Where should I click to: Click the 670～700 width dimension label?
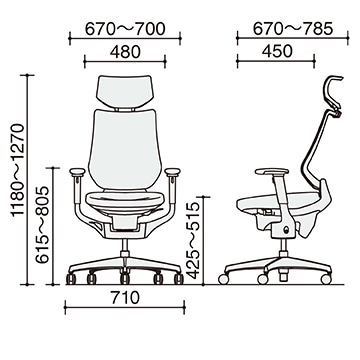[125, 29]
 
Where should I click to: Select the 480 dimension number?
[125, 52]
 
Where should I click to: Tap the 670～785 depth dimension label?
[293, 29]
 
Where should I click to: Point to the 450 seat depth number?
[277, 51]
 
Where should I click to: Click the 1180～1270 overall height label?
[18, 170]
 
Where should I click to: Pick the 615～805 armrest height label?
[42, 225]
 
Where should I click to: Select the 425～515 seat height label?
[193, 240]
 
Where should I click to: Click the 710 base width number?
[125, 298]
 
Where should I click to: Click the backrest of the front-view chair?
[124, 149]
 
